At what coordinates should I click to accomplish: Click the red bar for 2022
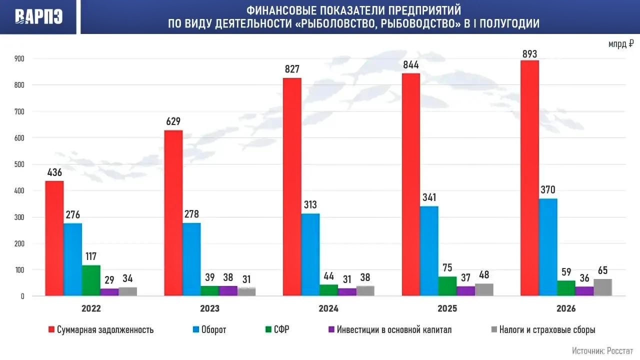pyautogui.click(x=54, y=238)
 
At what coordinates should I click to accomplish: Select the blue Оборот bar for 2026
pyautogui.click(x=548, y=247)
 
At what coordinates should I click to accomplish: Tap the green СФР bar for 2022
pyautogui.click(x=91, y=280)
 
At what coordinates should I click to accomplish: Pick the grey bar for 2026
pyautogui.click(x=603, y=287)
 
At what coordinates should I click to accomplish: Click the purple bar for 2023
pyautogui.click(x=228, y=291)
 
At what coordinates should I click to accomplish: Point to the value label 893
pyautogui.click(x=529, y=54)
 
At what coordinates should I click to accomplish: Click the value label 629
pyautogui.click(x=173, y=121)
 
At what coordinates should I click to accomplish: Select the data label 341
pyautogui.click(x=429, y=197)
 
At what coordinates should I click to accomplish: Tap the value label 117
pyautogui.click(x=91, y=256)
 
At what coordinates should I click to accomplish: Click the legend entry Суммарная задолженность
pyautogui.click(x=101, y=329)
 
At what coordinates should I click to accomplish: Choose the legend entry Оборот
pyautogui.click(x=209, y=329)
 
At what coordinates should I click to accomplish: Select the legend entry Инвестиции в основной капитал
pyautogui.click(x=390, y=329)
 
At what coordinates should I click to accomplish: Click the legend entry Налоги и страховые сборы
pyautogui.click(x=543, y=329)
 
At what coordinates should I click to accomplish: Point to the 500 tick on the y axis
pyautogui.click(x=19, y=164)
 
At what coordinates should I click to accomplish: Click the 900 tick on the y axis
pyautogui.click(x=19, y=58)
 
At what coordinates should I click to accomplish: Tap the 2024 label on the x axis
pyautogui.click(x=328, y=308)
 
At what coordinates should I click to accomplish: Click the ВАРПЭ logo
pyautogui.click(x=38, y=16)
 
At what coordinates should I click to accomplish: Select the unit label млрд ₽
pyautogui.click(x=621, y=44)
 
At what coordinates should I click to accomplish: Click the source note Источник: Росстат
pyautogui.click(x=602, y=351)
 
